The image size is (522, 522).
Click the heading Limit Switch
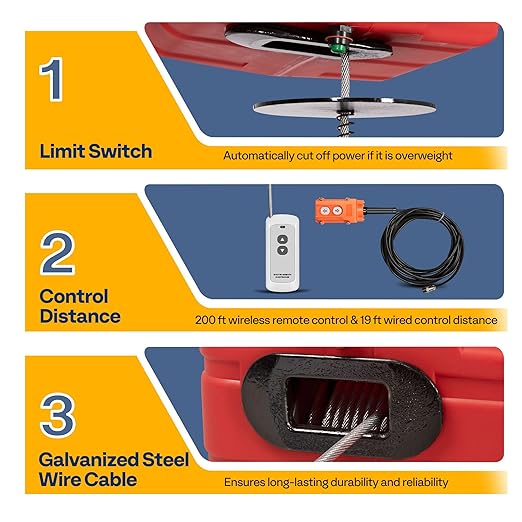[x=96, y=152]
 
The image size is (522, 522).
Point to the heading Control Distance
[x=80, y=306]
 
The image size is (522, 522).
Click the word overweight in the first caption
[x=424, y=156]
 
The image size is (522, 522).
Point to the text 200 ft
[x=212, y=320]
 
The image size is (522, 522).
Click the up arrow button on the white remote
[x=284, y=238]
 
